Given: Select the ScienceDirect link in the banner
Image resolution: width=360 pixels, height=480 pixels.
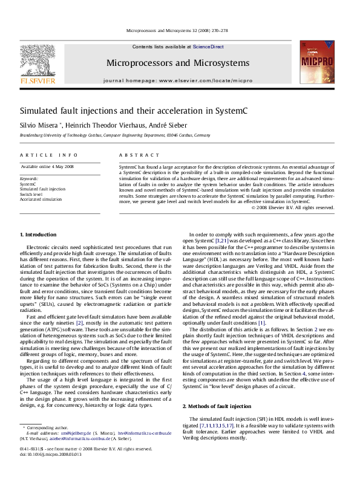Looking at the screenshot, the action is (x=208, y=47).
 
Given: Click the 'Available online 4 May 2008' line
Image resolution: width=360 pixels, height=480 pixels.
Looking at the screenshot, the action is (x=47, y=166).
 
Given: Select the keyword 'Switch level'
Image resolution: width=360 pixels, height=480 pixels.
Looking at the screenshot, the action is (x=32, y=193).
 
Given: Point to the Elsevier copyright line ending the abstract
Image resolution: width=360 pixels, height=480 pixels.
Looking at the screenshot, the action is (x=293, y=207).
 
